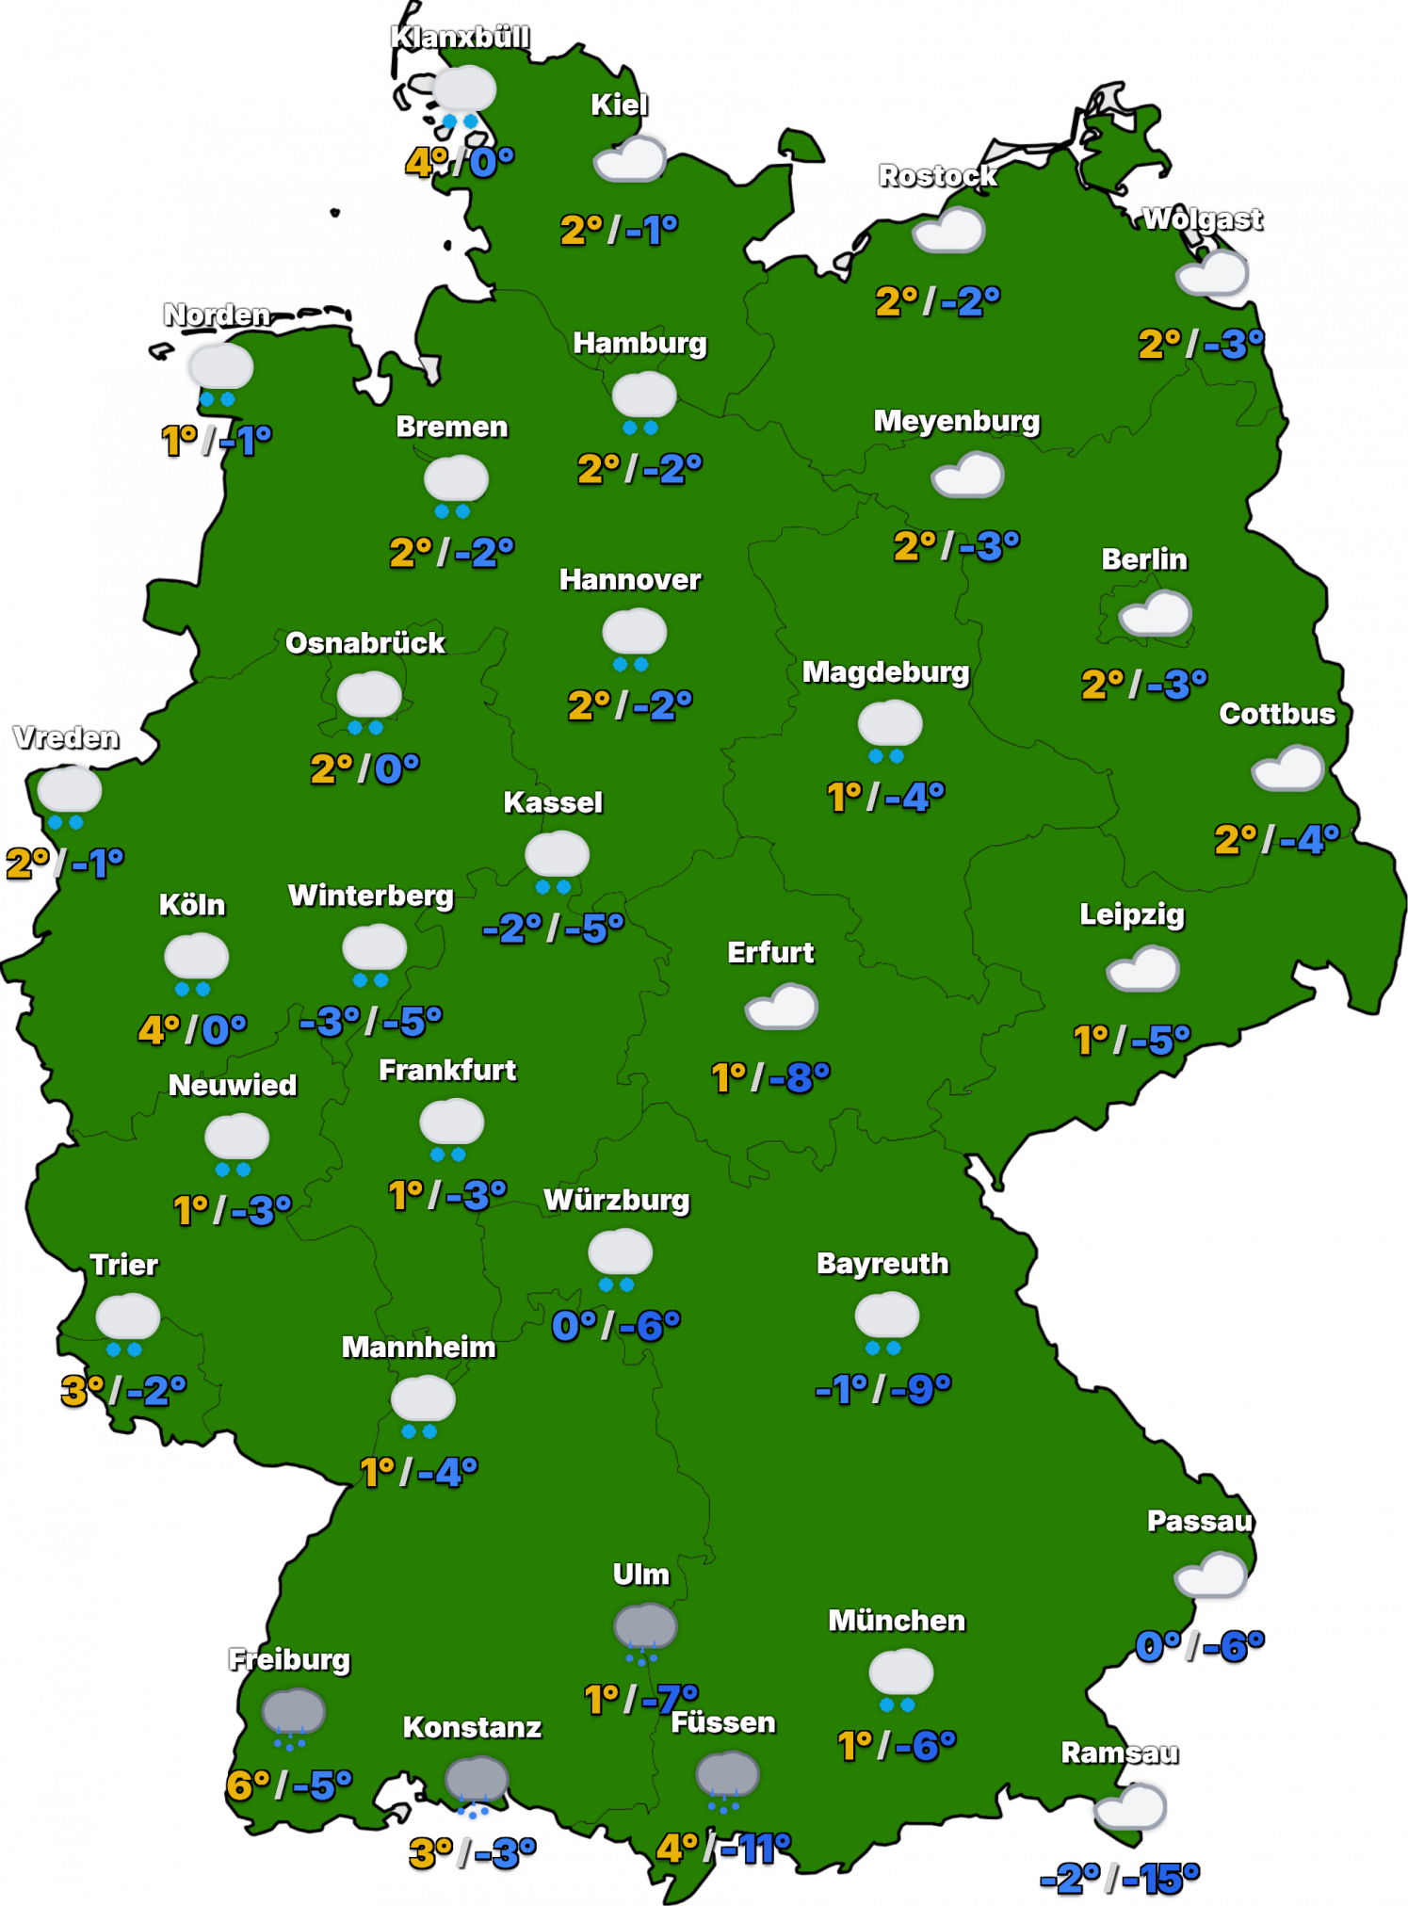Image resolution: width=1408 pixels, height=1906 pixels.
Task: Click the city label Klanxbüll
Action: point(460,38)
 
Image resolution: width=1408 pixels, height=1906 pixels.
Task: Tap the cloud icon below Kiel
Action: point(630,159)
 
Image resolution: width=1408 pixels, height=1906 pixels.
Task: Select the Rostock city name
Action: point(937,176)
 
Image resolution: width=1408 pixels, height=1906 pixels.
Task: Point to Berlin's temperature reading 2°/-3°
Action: point(1143,685)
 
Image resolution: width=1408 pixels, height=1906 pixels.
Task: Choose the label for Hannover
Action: point(630,580)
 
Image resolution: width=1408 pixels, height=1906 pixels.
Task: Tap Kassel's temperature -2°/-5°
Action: point(553,929)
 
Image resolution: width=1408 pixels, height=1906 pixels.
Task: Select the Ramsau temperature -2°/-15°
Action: point(1119,1879)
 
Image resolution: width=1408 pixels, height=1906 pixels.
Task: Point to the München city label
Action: point(897,1621)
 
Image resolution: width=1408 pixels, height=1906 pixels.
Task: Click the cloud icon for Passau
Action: point(1211,1575)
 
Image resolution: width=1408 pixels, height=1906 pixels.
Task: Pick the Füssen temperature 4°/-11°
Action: point(723,1849)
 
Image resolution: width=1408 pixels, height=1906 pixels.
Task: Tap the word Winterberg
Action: point(371,896)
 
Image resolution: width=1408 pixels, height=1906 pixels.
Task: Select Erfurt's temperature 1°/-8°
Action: point(770,1077)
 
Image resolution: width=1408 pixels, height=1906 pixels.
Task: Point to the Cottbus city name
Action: point(1277,714)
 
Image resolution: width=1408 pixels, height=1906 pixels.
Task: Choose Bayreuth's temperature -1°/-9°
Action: point(883,1389)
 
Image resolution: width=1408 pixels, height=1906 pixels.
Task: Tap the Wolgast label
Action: point(1202,219)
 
